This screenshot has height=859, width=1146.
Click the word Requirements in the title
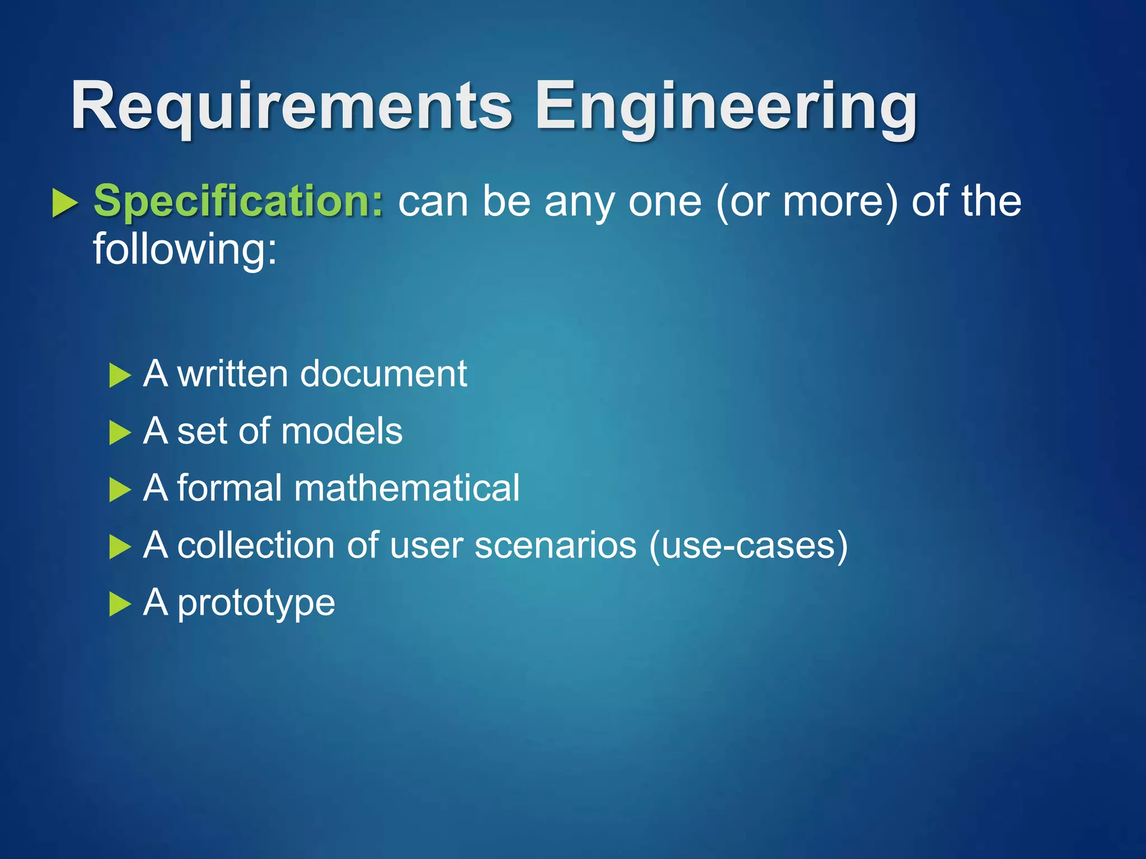[291, 106]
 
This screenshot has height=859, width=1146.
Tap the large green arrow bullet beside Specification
[64, 202]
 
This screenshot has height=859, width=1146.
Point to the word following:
[185, 249]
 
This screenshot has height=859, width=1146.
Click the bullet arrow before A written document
[120, 375]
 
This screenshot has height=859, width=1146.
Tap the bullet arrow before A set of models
[120, 432]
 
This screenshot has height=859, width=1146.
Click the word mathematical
[407, 488]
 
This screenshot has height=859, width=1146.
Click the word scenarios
[555, 545]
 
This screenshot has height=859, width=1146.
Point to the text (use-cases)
[748, 545]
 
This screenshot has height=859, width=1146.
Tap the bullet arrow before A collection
[120, 546]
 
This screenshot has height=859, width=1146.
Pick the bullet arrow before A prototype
[120, 604]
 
